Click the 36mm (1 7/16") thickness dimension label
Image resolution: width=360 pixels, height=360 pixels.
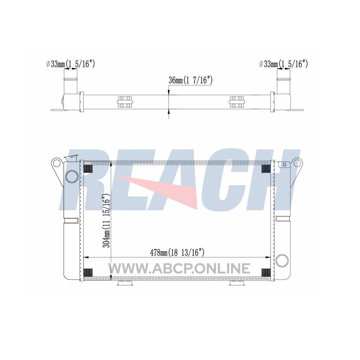pyautogui.click(x=190, y=81)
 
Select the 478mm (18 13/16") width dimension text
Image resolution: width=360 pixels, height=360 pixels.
pyautogui.click(x=177, y=252)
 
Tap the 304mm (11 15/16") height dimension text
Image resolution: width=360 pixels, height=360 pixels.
pyautogui.click(x=107, y=220)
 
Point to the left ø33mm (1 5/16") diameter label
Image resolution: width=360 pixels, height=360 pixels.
pyautogui.click(x=70, y=64)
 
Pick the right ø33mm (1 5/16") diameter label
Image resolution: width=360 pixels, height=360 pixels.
pyautogui.click(x=283, y=64)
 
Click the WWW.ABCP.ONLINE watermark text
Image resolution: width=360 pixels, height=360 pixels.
pyautogui.click(x=179, y=268)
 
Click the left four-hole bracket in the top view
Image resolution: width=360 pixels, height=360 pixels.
pyautogui.click(x=125, y=102)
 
